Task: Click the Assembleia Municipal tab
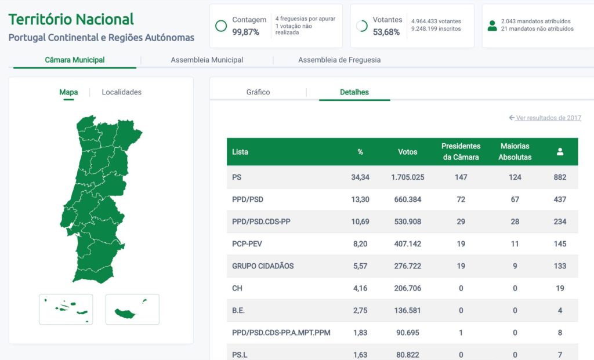[x=207, y=60]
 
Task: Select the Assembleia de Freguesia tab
[x=339, y=60]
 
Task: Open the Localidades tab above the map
[x=121, y=92]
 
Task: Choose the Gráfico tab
[x=258, y=92]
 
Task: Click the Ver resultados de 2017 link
[x=545, y=118]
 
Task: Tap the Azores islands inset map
[x=66, y=309]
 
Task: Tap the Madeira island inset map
[x=132, y=309]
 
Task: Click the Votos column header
[x=407, y=152]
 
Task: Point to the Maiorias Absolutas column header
[x=515, y=152]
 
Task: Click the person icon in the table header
[x=560, y=152]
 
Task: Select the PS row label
[x=237, y=177]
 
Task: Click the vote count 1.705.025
[x=407, y=177]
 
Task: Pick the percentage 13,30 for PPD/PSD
[x=360, y=199]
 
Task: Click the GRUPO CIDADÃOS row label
[x=263, y=266]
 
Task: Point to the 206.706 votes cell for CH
[x=407, y=288]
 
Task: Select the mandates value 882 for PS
[x=560, y=177]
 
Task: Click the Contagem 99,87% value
[x=245, y=32]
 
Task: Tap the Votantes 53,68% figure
[x=386, y=32]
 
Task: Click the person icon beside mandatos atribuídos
[x=492, y=26]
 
